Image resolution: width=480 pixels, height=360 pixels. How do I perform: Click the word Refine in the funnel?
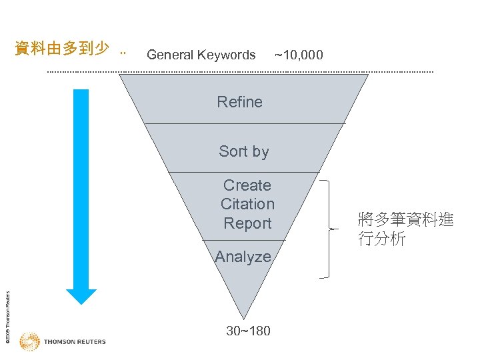(239, 102)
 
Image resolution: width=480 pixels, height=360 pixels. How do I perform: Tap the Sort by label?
(243, 151)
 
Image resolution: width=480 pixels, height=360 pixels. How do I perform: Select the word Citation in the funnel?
(247, 204)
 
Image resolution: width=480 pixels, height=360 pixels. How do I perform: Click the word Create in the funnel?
(247, 185)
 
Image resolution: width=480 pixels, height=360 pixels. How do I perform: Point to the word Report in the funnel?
(247, 223)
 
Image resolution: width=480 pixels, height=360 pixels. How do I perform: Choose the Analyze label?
(243, 257)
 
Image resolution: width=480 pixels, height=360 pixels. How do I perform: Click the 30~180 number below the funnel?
(248, 331)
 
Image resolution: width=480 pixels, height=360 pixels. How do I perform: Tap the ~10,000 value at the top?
(299, 55)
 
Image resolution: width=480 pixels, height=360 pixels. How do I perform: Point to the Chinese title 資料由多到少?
(62, 49)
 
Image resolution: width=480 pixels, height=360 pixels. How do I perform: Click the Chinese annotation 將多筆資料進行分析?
(405, 229)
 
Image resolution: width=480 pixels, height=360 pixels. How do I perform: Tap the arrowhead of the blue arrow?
(81, 296)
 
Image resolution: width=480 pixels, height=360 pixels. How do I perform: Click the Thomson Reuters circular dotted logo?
(29, 342)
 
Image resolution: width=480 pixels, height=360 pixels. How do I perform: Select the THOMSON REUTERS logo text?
(75, 342)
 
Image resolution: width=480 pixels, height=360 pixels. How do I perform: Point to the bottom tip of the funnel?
(245, 317)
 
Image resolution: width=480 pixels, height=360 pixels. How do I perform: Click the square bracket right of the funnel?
(329, 228)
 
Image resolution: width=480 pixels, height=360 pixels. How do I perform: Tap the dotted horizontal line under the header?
(240, 72)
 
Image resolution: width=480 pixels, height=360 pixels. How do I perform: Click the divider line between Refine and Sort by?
(245, 123)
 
